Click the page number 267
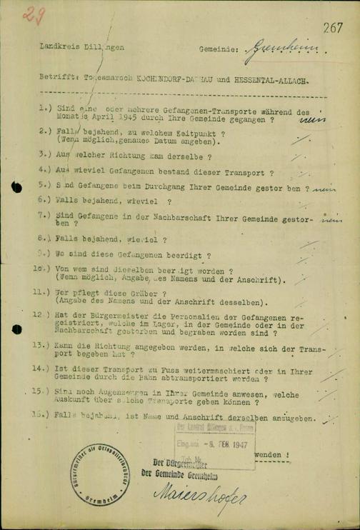[x=333, y=28]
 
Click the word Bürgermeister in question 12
[x=104, y=315]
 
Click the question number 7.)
[x=43, y=214]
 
